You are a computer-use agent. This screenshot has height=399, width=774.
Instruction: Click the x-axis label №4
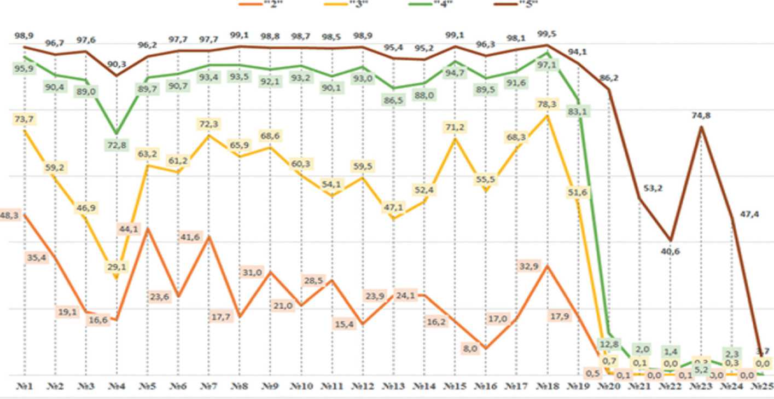coord(116,386)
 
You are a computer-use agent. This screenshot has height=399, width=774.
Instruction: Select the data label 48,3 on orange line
coord(9,216)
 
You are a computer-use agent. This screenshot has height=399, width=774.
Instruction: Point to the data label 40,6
coord(671,252)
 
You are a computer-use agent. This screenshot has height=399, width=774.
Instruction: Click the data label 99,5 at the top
coord(548,34)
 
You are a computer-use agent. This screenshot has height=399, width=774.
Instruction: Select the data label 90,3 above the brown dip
coord(117,64)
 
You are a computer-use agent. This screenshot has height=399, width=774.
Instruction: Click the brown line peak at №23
coord(702,127)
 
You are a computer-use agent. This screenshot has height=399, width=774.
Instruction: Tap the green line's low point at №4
coord(116,133)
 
